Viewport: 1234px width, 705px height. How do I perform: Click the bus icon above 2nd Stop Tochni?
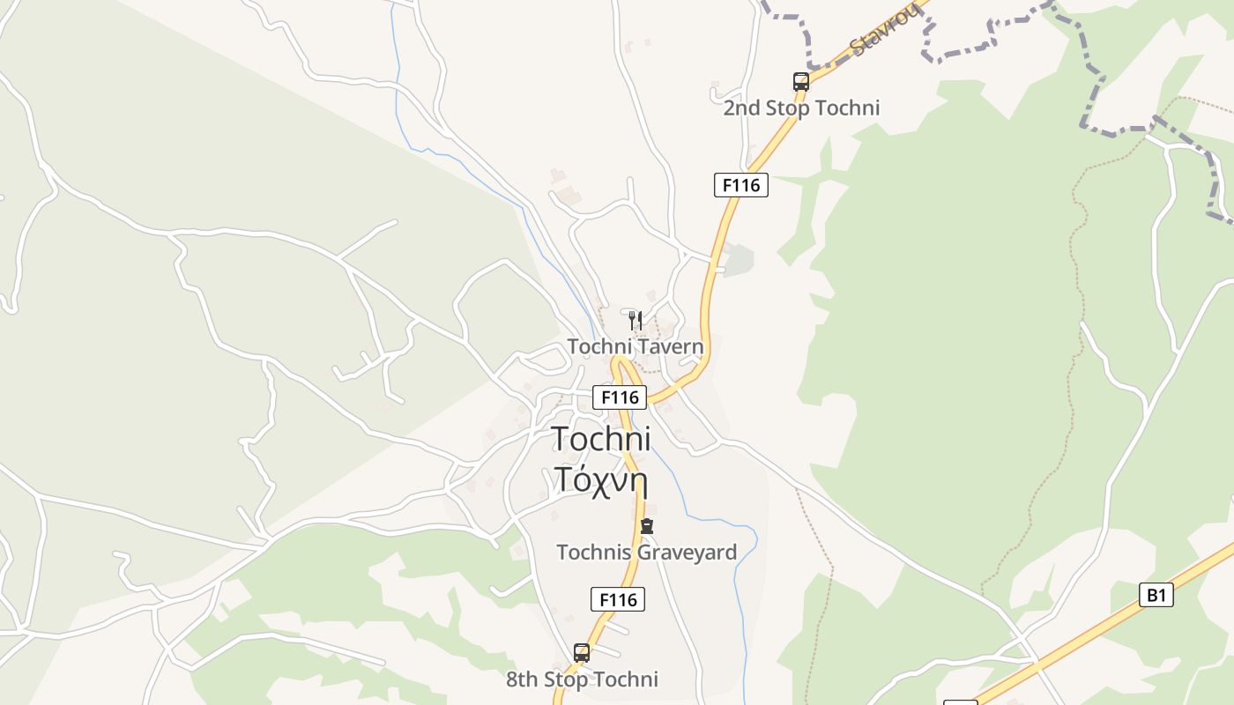[800, 82]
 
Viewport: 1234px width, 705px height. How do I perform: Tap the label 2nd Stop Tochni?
[801, 108]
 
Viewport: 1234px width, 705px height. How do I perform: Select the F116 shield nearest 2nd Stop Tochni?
[740, 185]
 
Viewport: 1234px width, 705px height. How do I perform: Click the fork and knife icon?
[636, 320]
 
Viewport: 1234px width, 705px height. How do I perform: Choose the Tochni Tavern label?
[636, 346]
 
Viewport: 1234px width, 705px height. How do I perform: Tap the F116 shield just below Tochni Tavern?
[619, 397]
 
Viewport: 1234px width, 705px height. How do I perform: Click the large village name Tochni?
[601, 438]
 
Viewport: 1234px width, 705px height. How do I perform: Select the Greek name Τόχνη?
[601, 479]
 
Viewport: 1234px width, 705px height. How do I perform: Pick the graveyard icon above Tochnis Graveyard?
[647, 527]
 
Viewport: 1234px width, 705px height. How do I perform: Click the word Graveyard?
[687, 553]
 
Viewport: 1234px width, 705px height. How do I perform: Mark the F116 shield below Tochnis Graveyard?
[618, 599]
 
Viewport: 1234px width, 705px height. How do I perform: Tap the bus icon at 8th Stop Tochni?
[582, 653]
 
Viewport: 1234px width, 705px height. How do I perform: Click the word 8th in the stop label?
[522, 679]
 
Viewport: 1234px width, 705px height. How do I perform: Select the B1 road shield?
[1156, 595]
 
